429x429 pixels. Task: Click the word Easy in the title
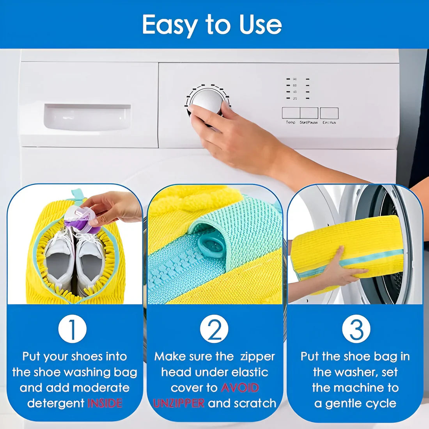[170, 25]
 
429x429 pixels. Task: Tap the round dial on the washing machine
[207, 101]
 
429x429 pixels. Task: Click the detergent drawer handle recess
[87, 117]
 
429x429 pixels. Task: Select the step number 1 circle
[73, 329]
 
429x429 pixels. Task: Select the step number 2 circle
[214, 329]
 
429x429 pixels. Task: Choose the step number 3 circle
[356, 329]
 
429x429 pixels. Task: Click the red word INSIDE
[105, 403]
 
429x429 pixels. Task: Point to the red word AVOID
[240, 388]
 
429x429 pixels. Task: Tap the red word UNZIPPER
[179, 403]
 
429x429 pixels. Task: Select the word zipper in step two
[257, 356]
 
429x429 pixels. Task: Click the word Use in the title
[260, 25]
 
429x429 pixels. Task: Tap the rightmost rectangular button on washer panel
[329, 113]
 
